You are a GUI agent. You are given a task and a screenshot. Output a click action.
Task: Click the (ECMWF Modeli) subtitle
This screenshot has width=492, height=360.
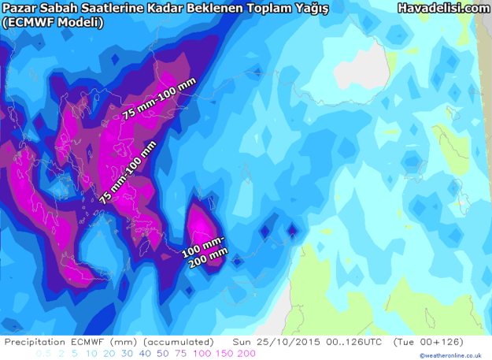click(53, 22)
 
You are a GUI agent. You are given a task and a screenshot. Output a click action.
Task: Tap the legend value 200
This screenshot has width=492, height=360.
click(245, 353)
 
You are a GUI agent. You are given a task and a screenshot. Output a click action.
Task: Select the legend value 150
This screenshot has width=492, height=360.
click(223, 353)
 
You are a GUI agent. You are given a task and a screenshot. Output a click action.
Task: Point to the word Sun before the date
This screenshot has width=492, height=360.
click(242, 342)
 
